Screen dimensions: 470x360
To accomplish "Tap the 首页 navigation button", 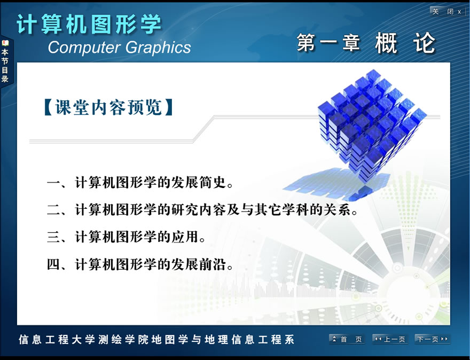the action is click(x=347, y=339).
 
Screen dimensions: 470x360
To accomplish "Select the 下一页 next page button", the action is click(x=432, y=339).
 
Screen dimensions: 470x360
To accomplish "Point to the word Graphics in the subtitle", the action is click(x=158, y=48).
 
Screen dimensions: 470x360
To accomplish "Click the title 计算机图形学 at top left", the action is click(x=89, y=24).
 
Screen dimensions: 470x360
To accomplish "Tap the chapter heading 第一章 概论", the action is click(x=366, y=43).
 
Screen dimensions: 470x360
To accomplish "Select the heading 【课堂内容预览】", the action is click(x=108, y=107).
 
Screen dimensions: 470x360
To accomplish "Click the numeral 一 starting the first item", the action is click(x=53, y=183).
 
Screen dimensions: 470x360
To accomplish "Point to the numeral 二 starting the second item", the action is click(x=53, y=209).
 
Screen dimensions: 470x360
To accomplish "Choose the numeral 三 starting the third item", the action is click(x=53, y=237).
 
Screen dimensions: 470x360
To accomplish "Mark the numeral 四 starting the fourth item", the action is click(x=53, y=264).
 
